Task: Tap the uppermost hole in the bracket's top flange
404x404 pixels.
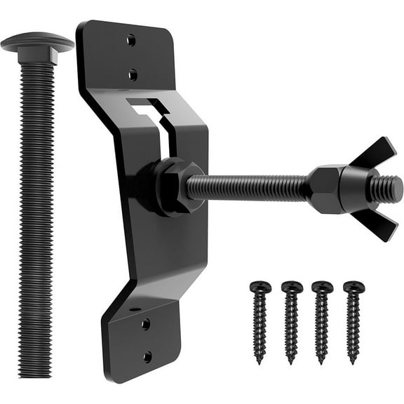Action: [x=131, y=40]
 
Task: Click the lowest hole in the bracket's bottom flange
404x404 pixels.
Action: [x=147, y=356]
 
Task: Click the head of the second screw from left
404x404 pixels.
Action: [x=291, y=286]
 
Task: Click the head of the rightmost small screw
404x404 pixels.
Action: [x=353, y=286]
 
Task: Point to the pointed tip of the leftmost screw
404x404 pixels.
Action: [x=259, y=361]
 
